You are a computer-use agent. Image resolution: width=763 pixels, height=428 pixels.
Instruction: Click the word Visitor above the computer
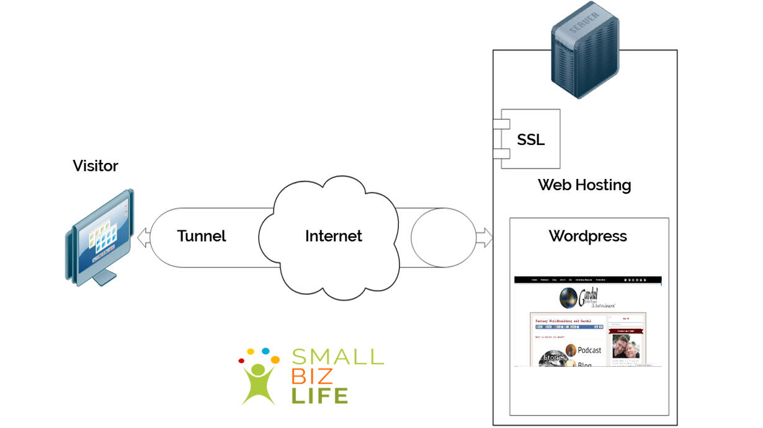pyautogui.click(x=95, y=166)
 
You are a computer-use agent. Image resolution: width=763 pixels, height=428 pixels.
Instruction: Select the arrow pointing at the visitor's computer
pyautogui.click(x=143, y=237)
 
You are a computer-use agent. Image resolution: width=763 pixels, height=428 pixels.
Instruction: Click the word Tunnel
pyautogui.click(x=202, y=236)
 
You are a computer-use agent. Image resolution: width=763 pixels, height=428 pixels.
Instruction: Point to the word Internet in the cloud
pyautogui.click(x=333, y=236)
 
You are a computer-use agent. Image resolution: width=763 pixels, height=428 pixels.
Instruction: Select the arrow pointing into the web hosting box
pyautogui.click(x=484, y=237)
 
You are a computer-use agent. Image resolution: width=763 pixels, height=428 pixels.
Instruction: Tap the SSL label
pyautogui.click(x=531, y=140)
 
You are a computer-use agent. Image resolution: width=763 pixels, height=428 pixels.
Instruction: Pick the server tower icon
pyautogui.click(x=576, y=56)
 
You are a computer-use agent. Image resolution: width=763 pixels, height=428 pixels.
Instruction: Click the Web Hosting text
pyautogui.click(x=584, y=185)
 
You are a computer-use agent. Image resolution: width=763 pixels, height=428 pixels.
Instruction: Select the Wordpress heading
pyautogui.click(x=587, y=236)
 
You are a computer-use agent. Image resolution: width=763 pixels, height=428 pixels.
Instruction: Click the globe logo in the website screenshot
pyautogui.click(x=569, y=298)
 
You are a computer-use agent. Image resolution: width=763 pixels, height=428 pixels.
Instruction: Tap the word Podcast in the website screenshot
pyautogui.click(x=589, y=350)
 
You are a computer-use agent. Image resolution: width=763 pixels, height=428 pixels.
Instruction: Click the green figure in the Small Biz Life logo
pyautogui.click(x=259, y=379)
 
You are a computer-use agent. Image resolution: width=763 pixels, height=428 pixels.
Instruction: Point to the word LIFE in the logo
pyautogui.click(x=319, y=395)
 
